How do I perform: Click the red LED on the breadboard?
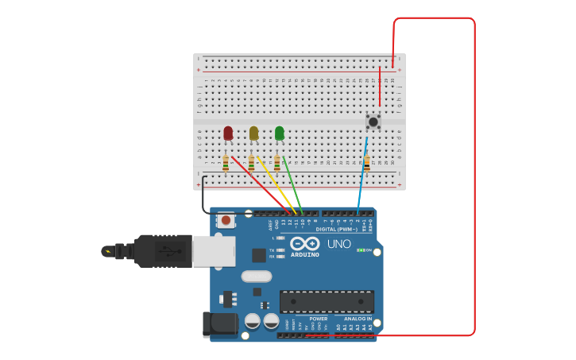228,133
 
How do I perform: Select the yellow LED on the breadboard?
253,133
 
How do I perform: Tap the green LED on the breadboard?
279,133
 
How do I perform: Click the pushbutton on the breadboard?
373,122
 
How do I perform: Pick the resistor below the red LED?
226,163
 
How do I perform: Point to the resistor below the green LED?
276,163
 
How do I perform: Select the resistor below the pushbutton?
367,163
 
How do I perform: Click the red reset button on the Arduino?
226,220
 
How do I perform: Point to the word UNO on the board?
338,244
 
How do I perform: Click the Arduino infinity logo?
304,243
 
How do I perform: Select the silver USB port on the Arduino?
214,251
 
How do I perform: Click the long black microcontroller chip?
327,302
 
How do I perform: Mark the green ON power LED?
361,250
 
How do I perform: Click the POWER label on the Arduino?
318,319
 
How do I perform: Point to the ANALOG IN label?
358,319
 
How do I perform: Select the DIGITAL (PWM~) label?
336,229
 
